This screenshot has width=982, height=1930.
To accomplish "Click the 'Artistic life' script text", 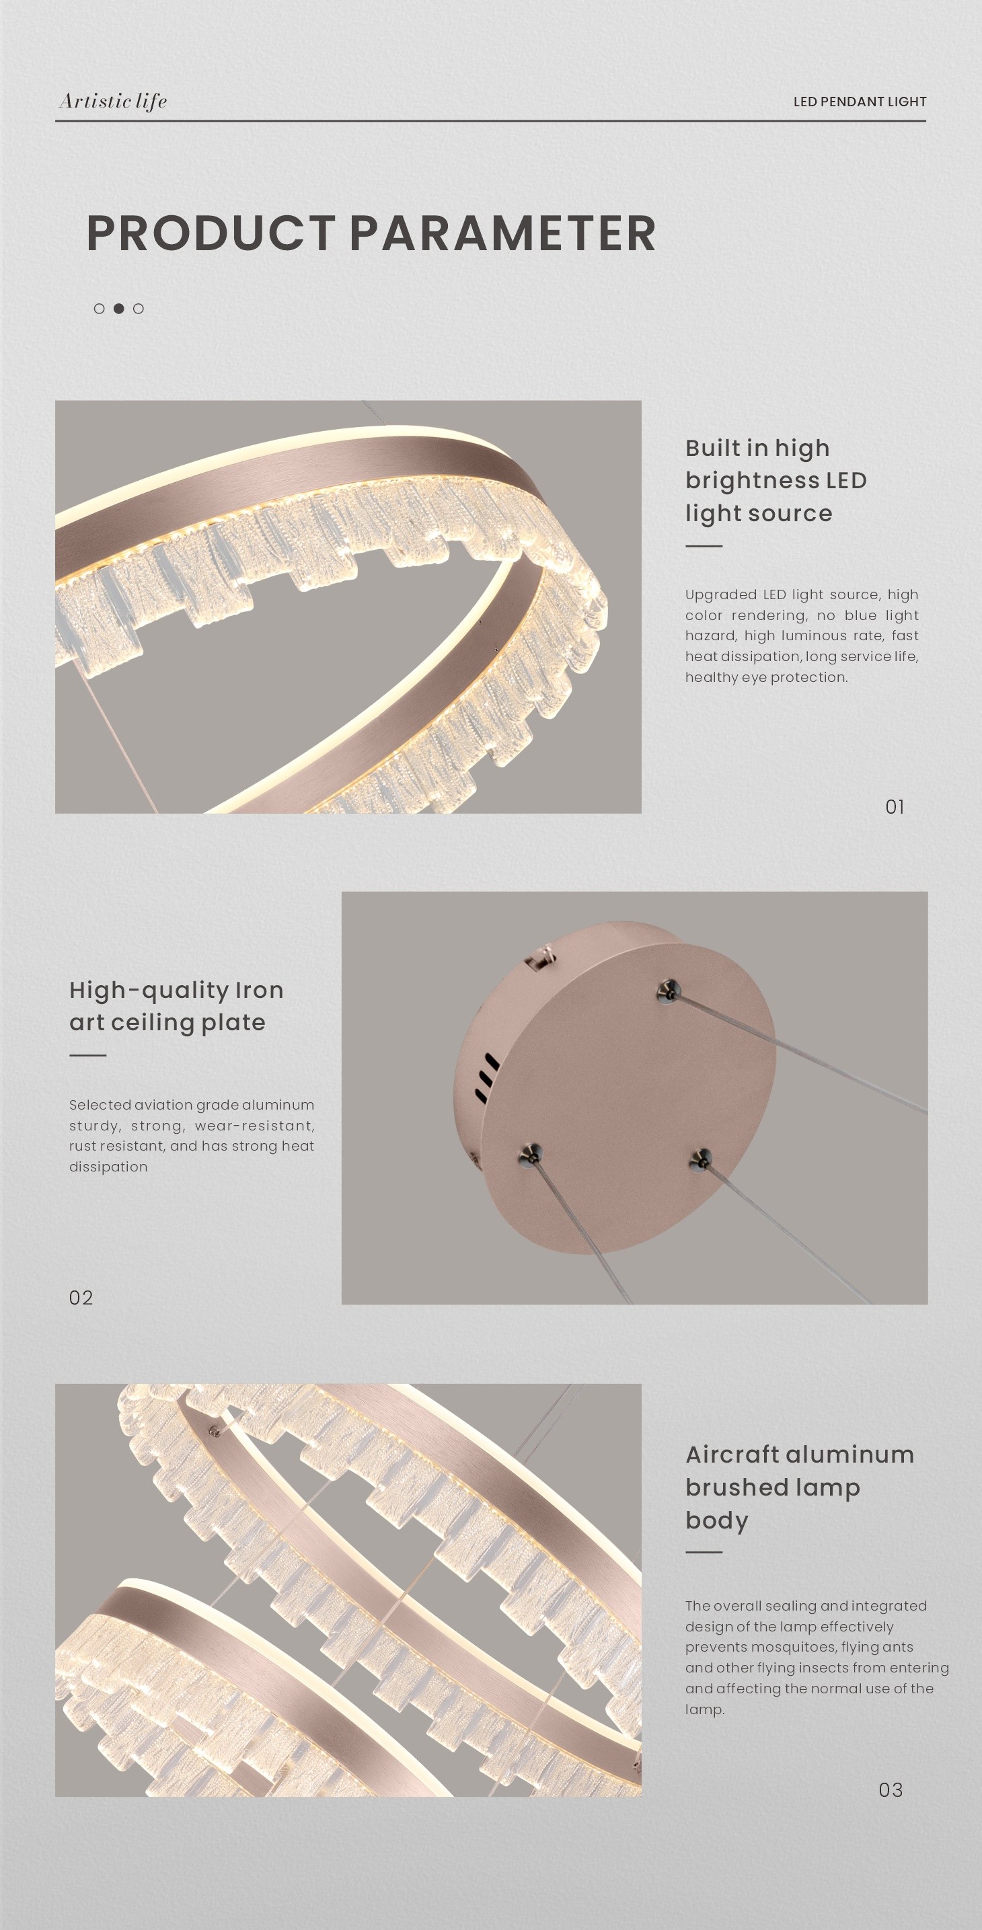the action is click(113, 101).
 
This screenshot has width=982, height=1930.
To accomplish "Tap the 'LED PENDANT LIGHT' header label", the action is click(860, 101).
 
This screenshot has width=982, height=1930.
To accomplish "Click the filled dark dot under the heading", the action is click(118, 309).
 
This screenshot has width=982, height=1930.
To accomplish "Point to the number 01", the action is click(895, 807).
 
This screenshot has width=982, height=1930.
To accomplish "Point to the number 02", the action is click(81, 1298).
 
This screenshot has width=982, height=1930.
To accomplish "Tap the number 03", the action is click(891, 1790).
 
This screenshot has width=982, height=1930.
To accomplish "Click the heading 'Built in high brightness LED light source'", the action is click(776, 480).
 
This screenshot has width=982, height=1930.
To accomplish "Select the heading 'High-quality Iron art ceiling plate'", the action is click(176, 1006).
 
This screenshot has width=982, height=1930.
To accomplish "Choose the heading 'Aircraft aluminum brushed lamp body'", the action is click(800, 1488).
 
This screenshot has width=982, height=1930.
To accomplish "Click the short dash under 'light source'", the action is click(704, 546).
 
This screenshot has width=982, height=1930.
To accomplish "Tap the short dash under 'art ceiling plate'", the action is click(87, 1055).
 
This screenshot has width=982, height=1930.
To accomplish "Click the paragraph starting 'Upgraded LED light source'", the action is click(801, 635).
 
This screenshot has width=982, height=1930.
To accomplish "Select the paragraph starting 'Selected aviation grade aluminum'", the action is click(192, 1135).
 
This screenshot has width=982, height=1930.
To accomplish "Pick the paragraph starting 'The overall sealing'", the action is click(817, 1657).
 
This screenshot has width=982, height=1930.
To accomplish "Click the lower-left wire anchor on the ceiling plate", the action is click(530, 1155).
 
